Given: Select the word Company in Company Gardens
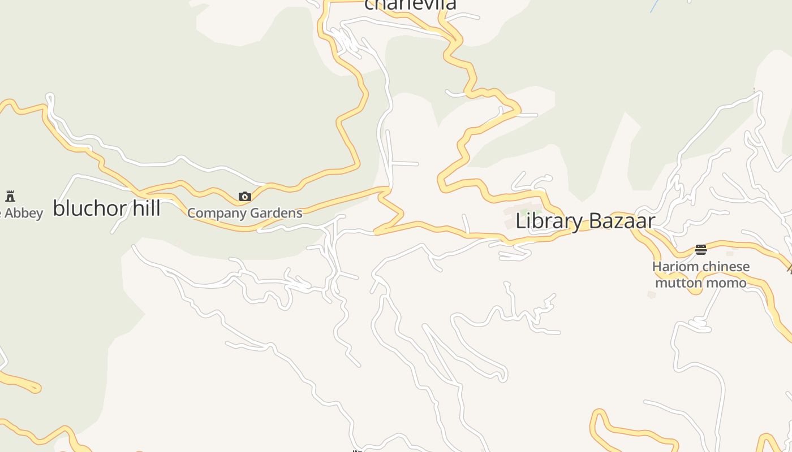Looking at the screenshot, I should (x=216, y=214).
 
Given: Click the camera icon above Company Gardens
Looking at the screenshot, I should (x=244, y=197).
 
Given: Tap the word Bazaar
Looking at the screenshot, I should (x=621, y=221).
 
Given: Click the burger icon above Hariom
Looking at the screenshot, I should (x=701, y=250).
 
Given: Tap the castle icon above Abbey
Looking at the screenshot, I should (x=10, y=197).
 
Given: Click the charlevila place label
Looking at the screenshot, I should (x=410, y=5).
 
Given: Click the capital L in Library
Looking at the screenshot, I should (x=520, y=221).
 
